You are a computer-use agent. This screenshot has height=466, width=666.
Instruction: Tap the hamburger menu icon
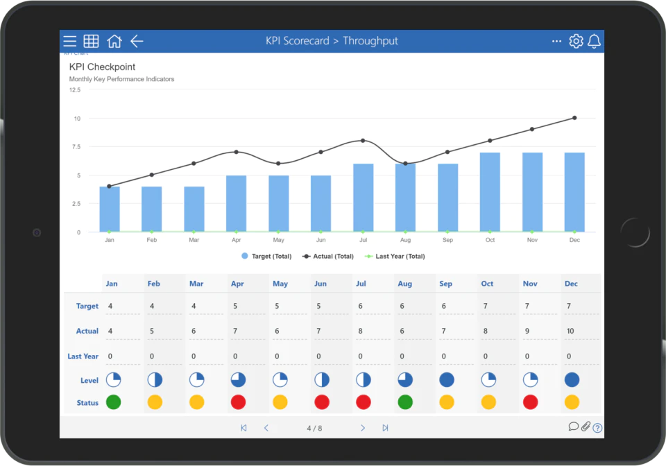click(x=69, y=41)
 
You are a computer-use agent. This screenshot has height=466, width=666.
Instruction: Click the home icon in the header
click(x=114, y=41)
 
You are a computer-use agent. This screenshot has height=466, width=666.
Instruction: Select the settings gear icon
click(x=576, y=41)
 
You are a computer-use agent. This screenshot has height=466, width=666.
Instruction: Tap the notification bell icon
click(x=595, y=41)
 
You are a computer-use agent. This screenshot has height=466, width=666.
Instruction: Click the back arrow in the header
click(x=137, y=41)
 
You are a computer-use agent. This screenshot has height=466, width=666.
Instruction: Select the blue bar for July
click(x=363, y=198)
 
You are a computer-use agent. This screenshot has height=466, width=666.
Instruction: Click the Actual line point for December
click(x=574, y=118)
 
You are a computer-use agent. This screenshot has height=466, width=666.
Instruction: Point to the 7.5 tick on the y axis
click(x=76, y=147)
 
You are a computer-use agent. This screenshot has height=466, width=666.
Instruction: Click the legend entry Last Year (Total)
click(x=395, y=257)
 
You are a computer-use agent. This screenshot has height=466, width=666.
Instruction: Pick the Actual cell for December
click(x=570, y=331)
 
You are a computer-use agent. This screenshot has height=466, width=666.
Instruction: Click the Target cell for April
click(x=235, y=306)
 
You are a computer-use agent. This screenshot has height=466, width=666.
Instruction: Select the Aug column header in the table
click(x=404, y=284)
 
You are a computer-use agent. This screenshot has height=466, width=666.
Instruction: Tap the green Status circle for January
click(x=113, y=402)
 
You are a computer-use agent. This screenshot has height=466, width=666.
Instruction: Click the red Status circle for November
click(x=531, y=402)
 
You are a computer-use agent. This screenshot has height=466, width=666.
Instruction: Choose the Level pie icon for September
click(x=447, y=380)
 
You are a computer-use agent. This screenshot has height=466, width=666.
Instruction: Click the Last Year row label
click(x=83, y=356)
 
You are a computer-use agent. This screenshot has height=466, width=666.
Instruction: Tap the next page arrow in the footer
click(x=362, y=428)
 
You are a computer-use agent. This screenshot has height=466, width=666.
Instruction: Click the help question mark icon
click(x=597, y=428)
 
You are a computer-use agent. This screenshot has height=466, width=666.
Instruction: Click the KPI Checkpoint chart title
click(x=103, y=67)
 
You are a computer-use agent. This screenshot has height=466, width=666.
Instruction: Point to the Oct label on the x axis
click(x=490, y=240)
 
